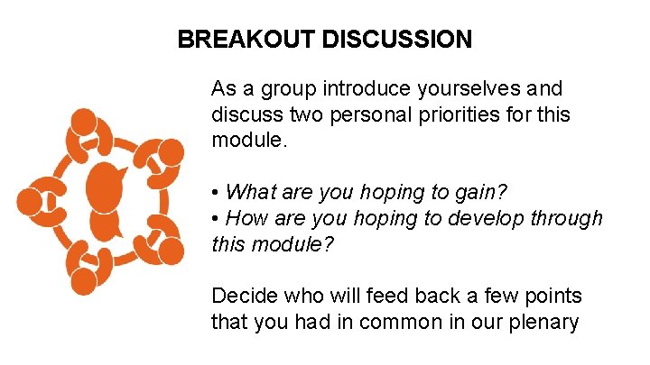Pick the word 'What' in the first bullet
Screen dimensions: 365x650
click(246, 192)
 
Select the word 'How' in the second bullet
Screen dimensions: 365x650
click(244, 218)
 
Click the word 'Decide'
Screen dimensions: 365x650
click(240, 296)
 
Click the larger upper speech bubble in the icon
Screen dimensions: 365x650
click(105, 186)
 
